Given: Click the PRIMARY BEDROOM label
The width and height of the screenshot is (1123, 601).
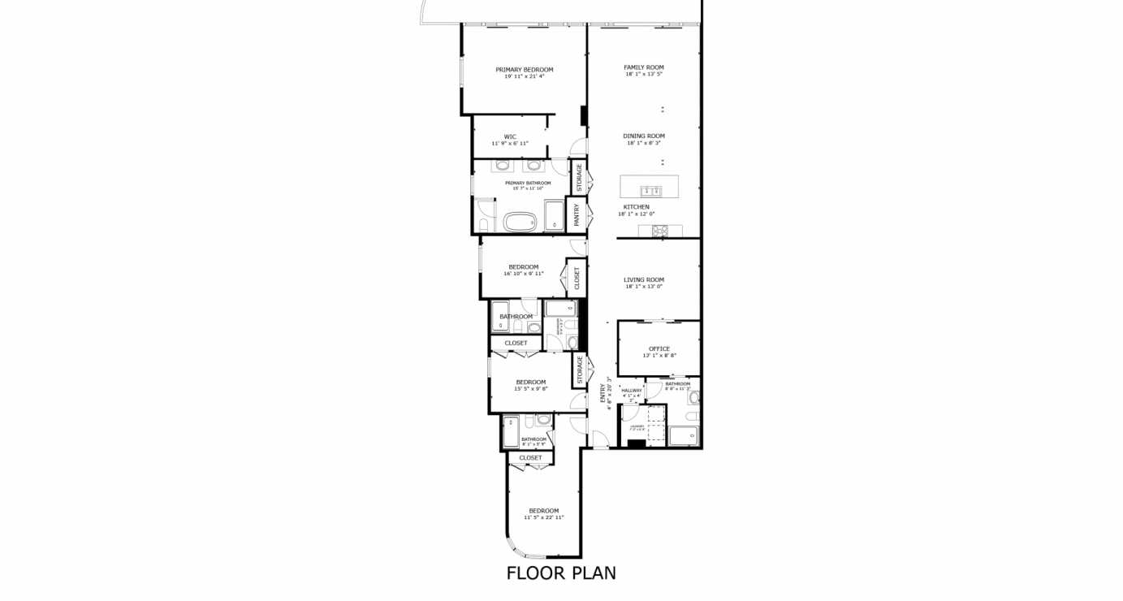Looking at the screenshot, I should point(524,70).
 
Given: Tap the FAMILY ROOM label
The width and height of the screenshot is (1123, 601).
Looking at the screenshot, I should point(644,67).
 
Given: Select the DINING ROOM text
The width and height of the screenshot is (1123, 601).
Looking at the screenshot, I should point(644,136).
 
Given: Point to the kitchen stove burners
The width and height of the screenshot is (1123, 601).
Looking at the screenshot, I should point(659,231).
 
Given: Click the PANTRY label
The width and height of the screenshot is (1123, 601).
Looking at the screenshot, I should point(577,215).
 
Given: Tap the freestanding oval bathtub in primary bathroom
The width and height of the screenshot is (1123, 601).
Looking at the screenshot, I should point(520,221).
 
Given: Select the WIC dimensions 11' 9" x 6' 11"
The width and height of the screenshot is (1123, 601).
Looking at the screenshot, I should point(510,144).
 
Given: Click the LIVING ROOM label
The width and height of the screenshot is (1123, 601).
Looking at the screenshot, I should point(644,280).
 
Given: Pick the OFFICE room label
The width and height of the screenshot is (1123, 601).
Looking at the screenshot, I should point(659,349).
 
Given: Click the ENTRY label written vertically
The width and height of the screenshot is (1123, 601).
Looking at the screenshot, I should point(603,393).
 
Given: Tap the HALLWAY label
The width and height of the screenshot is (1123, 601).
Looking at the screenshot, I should point(632,391).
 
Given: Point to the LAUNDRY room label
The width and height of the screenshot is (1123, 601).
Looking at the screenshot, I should point(637,426).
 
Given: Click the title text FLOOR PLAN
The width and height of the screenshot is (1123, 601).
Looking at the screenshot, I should point(561,573).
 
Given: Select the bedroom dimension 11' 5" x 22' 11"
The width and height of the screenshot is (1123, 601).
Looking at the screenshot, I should point(543,517).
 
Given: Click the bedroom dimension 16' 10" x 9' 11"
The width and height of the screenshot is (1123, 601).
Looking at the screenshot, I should point(524,274).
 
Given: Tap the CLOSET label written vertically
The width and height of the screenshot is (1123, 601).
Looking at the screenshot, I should point(577,279).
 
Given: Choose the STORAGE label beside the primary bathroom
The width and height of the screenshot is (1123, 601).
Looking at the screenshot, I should point(579,179).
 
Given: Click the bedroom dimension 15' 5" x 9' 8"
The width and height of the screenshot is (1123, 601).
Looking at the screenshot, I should point(531,389).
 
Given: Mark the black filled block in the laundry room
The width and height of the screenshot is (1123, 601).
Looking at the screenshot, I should point(637,443).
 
